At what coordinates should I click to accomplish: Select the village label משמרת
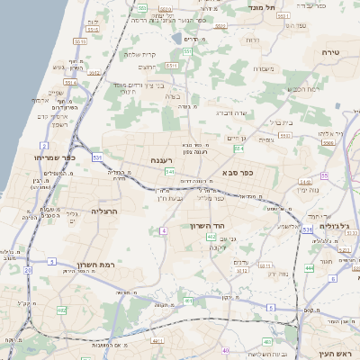(x=262, y=67)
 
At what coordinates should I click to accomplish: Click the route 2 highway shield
(x=44, y=145)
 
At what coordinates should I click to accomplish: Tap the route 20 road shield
(x=28, y=269)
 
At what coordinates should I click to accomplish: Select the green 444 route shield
(x=309, y=268)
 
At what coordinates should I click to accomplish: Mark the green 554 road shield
(x=238, y=148)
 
